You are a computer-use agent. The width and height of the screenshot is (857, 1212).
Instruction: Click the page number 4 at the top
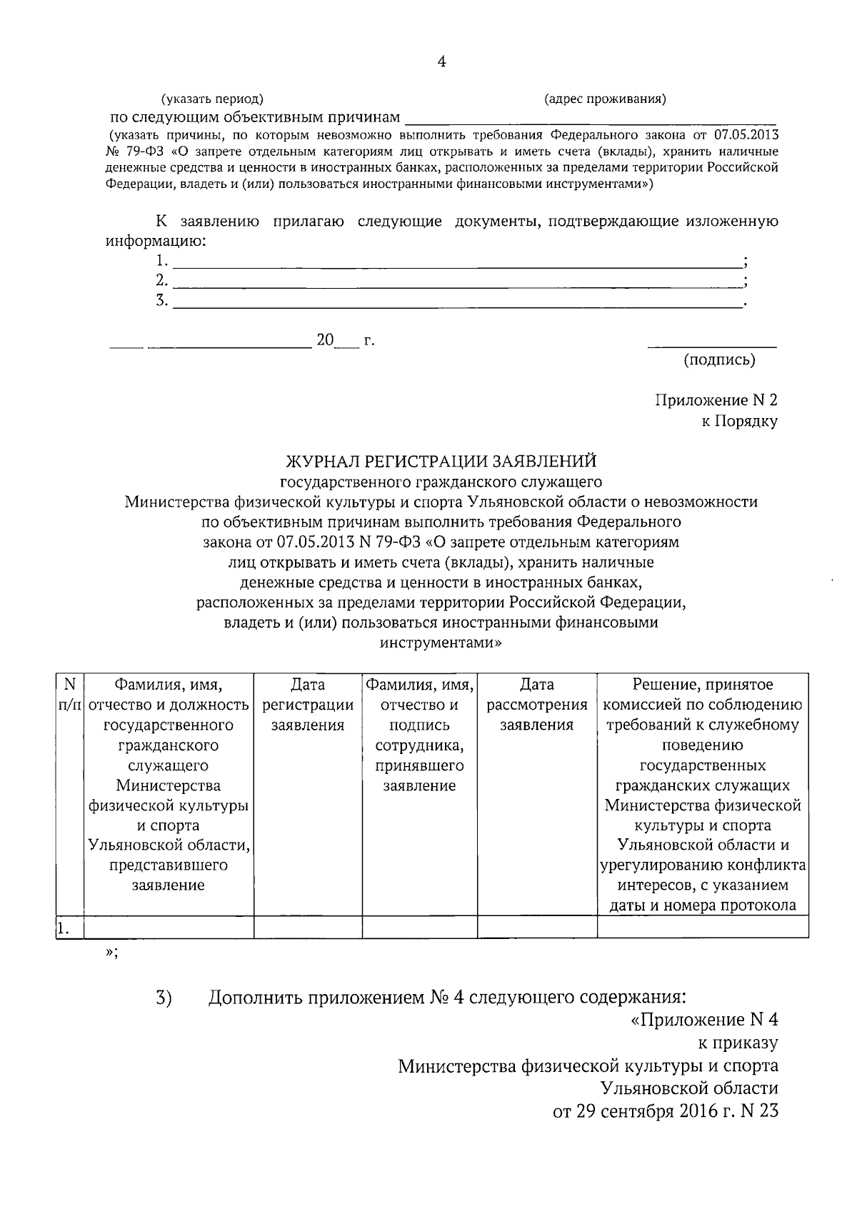tap(441, 62)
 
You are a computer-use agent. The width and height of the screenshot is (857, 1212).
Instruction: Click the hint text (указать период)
tap(212, 99)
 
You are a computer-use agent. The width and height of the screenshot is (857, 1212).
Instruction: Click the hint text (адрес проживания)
tap(605, 99)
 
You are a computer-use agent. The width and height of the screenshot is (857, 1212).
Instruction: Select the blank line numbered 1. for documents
tap(457, 262)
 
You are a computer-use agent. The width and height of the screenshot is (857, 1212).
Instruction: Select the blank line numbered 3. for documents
tap(457, 302)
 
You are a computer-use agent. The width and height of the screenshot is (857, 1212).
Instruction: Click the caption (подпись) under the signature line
tap(719, 359)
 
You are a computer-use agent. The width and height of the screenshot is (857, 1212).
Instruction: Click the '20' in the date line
tap(325, 340)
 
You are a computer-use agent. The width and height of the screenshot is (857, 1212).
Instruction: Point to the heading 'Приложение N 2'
tap(716, 400)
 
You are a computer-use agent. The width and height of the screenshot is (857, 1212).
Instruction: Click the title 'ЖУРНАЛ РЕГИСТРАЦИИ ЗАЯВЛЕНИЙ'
tap(441, 461)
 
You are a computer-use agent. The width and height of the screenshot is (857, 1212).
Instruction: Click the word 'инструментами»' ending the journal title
tap(441, 642)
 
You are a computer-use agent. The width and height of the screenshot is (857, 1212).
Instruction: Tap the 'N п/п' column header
tap(70, 695)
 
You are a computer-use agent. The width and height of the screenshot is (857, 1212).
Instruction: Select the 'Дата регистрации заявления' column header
tap(308, 705)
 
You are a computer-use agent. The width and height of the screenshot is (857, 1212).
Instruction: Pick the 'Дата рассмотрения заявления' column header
tap(537, 705)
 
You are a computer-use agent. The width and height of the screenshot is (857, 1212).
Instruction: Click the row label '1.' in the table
tap(64, 928)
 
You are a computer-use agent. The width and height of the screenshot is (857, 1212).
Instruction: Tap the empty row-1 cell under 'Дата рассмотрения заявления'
tap(537, 927)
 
